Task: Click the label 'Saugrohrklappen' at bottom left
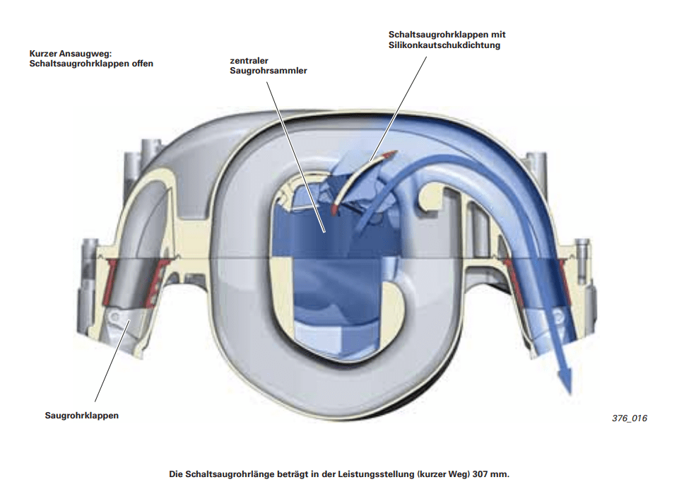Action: coord(81,416)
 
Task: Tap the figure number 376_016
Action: coord(629,418)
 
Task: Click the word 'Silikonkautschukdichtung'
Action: coord(444,45)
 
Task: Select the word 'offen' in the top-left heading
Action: coord(141,63)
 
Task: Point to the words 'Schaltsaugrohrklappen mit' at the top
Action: coord(447,34)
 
